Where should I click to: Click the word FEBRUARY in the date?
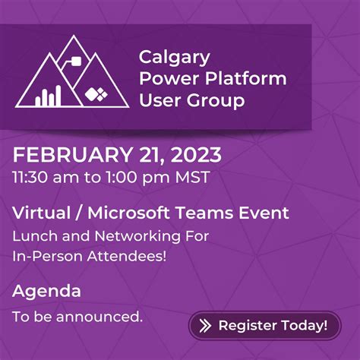(x=68, y=156)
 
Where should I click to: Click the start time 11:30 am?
(x=42, y=178)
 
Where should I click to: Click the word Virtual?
(x=39, y=213)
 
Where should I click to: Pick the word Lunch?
(x=32, y=236)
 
